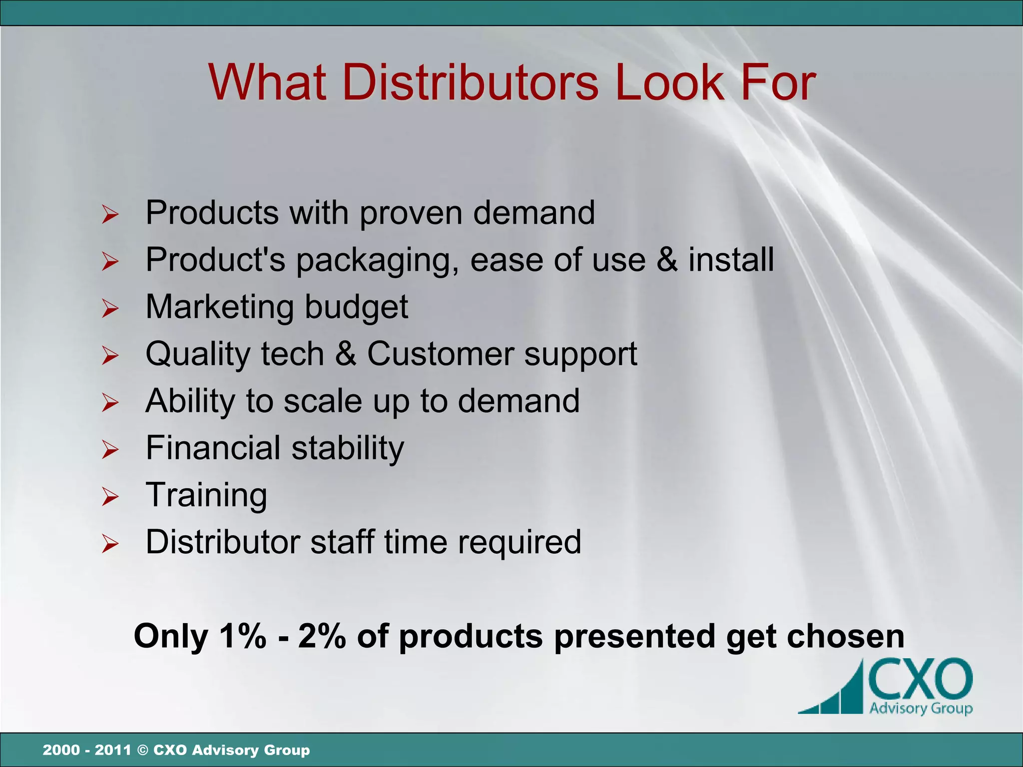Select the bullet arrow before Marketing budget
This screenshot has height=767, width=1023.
point(110,308)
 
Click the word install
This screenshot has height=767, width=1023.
point(731,260)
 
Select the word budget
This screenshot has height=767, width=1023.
point(356,307)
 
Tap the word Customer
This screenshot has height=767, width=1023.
point(440,354)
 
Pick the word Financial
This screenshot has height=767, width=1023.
point(213,447)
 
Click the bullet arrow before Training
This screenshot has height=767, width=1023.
point(110,496)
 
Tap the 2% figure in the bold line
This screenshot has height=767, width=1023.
point(322,636)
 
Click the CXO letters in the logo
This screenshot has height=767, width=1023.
point(921,680)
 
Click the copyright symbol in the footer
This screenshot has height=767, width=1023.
point(142,750)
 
